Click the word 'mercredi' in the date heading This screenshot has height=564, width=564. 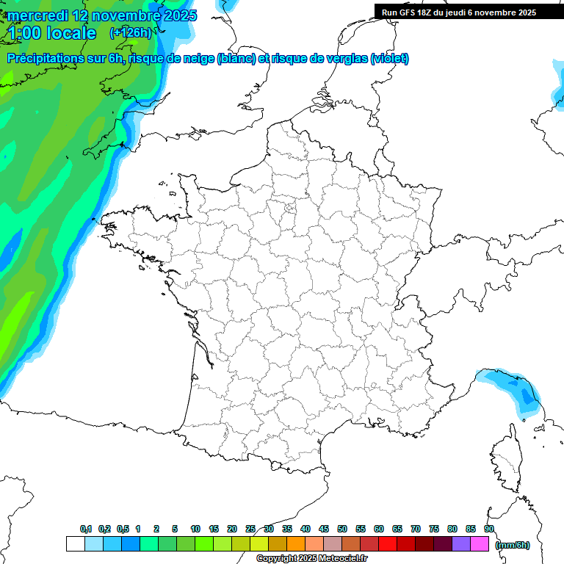coord(36,15)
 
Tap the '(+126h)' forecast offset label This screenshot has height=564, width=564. coord(130,33)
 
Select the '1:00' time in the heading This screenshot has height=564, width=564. coord(23,33)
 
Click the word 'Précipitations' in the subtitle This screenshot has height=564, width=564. coord(46,59)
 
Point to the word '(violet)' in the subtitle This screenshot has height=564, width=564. coord(390,59)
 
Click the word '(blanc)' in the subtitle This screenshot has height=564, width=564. coord(236,59)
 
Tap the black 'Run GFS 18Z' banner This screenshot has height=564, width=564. coord(459,12)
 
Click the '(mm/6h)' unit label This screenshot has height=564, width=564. coord(513,544)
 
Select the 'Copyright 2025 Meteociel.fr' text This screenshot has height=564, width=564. coord(311,559)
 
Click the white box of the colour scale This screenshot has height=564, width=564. coord(75,544)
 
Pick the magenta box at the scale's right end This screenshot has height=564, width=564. coord(480,544)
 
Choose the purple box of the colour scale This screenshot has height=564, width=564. coord(461,544)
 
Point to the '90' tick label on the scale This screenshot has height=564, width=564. coord(489,529)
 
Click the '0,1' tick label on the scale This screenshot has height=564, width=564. coord(85,529)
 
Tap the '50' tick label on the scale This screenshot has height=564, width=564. coord(342,529)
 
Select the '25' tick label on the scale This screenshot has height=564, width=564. coord(250,529)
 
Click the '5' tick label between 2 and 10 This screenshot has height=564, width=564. coord(175,529)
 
